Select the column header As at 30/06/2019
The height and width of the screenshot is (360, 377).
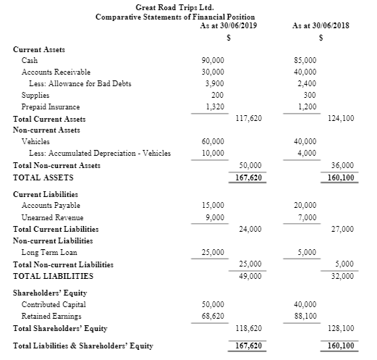point(229,26)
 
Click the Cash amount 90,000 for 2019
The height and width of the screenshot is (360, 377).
point(213,61)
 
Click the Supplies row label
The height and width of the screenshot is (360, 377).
point(35,95)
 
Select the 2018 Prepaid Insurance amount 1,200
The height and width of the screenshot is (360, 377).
point(307,106)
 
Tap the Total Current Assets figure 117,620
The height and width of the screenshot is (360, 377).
point(250,118)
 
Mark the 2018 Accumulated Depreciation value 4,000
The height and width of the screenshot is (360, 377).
point(307,153)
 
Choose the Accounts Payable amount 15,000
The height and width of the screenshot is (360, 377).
point(213,206)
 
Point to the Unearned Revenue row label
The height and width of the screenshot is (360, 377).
point(53,217)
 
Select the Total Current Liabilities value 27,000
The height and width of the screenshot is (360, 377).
point(342,229)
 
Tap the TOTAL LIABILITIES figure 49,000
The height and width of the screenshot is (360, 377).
point(250,276)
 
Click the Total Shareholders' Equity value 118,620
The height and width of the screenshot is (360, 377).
point(250,328)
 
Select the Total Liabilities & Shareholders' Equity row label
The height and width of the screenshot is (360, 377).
point(83,346)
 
